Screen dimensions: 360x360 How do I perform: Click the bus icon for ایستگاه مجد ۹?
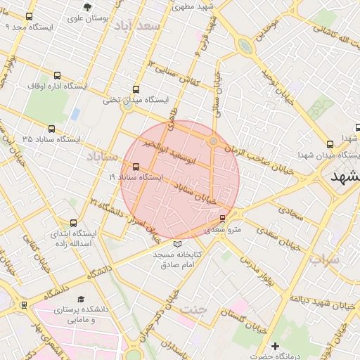click(30, 16)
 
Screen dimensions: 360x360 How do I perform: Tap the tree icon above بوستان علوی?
click(86, 8)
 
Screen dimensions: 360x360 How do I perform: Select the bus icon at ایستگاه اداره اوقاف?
click(57, 76)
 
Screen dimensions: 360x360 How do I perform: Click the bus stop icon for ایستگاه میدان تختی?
click(136, 89)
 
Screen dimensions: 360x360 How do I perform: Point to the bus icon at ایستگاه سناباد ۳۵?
click(52, 129)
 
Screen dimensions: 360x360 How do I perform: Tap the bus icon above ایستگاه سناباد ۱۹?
click(136, 167)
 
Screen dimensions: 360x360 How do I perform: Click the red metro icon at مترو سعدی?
click(223, 218)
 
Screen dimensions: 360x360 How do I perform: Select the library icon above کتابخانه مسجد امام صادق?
click(177, 243)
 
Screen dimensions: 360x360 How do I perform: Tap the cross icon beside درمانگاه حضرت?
click(276, 346)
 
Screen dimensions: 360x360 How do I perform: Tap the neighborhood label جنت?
click(194, 308)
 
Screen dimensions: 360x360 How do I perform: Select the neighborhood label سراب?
click(323, 259)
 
